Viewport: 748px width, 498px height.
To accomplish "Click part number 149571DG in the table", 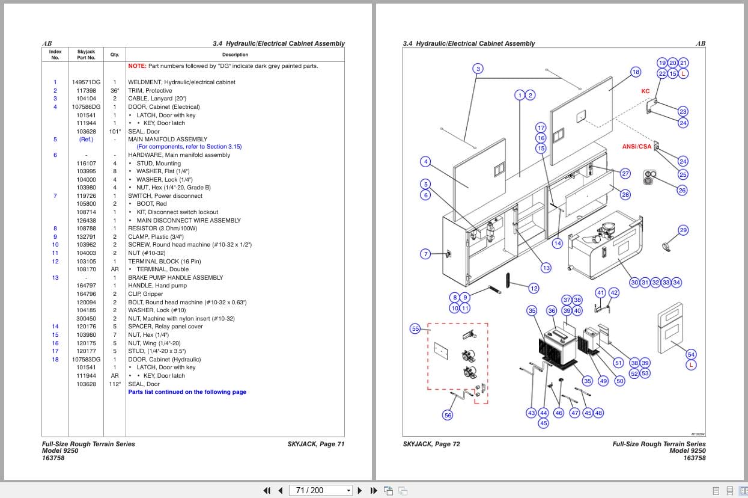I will tap(86, 82).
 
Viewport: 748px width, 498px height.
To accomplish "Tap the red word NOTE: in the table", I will tap(137, 66).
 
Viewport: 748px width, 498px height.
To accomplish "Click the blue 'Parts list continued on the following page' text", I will tap(187, 392).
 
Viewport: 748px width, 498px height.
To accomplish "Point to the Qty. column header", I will tap(114, 55).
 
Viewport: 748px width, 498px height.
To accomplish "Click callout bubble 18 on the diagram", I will tap(636, 72).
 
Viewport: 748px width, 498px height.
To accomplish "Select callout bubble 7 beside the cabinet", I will tap(426, 254).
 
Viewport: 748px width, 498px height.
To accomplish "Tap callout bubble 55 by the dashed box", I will tap(415, 328).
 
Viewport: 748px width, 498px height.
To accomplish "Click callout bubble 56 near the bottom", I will tap(448, 415).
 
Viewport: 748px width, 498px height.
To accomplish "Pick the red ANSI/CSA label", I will tap(636, 147).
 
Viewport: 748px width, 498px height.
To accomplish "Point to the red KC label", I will tap(645, 91).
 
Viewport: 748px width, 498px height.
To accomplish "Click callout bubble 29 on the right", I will tap(683, 230).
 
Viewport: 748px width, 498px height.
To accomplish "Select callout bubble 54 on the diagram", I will tap(691, 355).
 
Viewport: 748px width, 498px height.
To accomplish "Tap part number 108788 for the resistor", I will tap(86, 229).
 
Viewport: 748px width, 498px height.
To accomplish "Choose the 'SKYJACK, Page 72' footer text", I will tap(431, 444).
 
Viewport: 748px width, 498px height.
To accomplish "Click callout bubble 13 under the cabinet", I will tap(546, 268).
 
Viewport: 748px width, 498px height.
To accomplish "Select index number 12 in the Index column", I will tap(55, 262).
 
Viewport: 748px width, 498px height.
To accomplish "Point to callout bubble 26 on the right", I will tap(682, 191).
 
